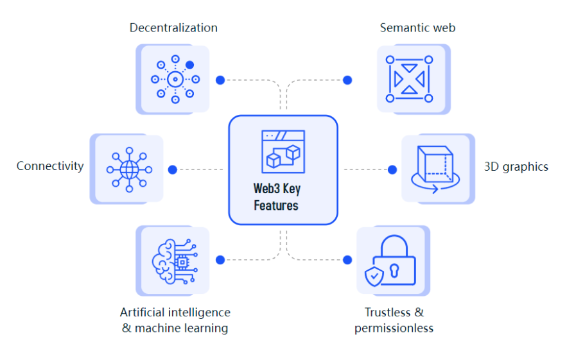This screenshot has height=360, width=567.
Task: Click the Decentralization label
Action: (173, 28)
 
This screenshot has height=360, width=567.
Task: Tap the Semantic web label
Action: (417, 28)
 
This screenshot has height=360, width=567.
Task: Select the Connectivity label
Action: (50, 166)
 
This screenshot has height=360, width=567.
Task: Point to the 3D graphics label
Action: (516, 167)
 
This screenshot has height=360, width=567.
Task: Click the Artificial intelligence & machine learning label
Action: (175, 320)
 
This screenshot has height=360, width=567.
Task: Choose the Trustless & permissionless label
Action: (394, 320)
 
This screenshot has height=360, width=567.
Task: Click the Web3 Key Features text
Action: (276, 198)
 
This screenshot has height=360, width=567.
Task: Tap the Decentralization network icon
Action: (175, 80)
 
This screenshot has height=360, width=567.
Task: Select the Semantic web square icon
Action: (409, 79)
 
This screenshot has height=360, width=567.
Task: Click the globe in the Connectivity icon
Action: (129, 170)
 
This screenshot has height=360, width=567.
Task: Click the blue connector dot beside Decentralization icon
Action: (220, 80)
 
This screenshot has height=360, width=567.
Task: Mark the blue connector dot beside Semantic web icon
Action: (347, 80)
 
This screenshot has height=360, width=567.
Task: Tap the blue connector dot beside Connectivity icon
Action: (172, 170)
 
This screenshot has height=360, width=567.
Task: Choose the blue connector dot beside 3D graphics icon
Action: (392, 170)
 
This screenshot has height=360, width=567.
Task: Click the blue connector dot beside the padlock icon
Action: (347, 260)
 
